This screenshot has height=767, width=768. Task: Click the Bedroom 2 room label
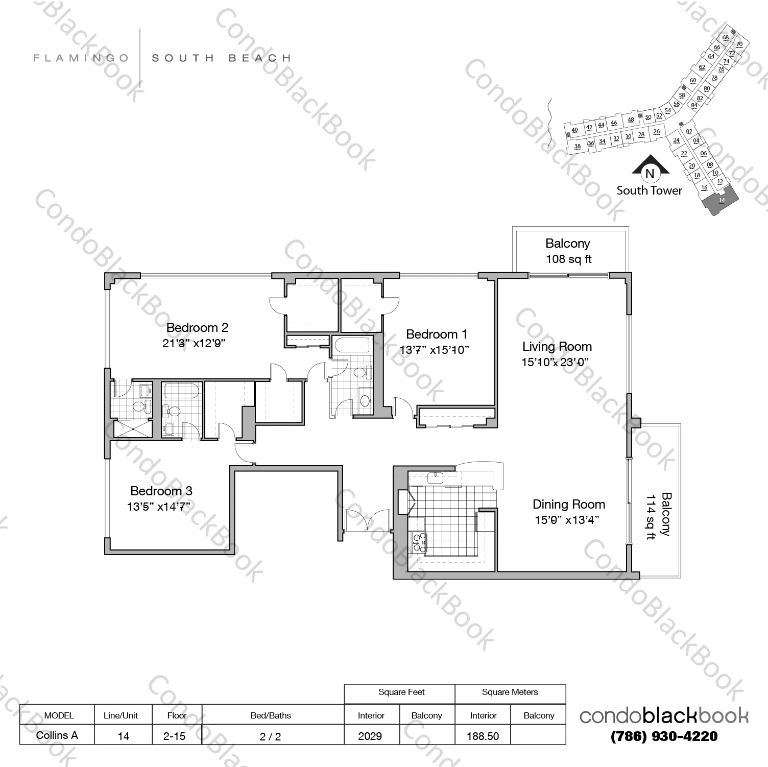[197, 327]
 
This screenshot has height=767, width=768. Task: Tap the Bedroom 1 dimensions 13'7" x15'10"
[434, 350]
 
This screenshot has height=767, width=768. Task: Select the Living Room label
[557, 347]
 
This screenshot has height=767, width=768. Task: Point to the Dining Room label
[568, 505]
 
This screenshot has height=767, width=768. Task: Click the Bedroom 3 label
[161, 491]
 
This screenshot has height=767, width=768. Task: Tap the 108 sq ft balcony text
[568, 259]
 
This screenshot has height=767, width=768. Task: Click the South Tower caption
[649, 190]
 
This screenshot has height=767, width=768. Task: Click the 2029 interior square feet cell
[370, 736]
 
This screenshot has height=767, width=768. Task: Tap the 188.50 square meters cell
[483, 736]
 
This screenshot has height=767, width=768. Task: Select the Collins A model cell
[57, 735]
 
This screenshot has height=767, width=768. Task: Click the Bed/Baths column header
[271, 715]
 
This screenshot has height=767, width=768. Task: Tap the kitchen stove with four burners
[419, 542]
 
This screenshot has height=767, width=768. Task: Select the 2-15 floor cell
[177, 735]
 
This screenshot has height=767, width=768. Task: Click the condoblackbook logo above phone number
[664, 716]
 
